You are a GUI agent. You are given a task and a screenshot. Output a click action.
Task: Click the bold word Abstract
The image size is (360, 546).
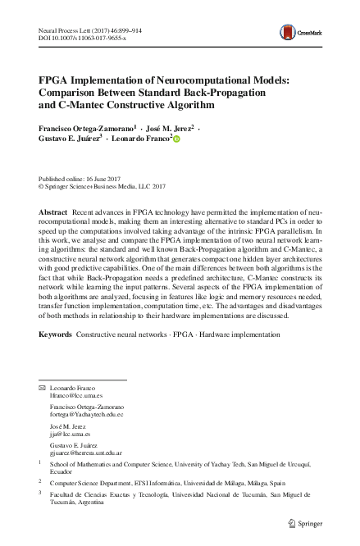(53, 212)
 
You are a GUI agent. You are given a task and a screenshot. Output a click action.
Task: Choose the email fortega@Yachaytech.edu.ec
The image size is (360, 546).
(86, 415)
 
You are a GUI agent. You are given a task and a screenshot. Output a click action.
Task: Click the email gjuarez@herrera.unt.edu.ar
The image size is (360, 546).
(86, 453)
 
